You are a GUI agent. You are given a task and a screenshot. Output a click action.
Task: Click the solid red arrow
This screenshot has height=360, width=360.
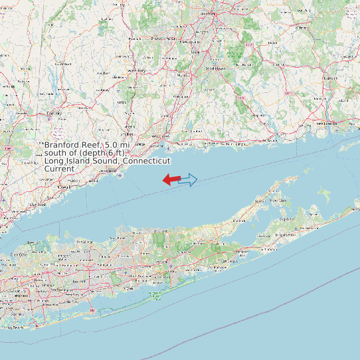point(171,179)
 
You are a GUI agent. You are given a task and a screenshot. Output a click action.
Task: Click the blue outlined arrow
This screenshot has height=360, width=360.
point(189,179)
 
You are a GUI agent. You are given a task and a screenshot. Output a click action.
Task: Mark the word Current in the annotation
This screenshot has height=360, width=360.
point(59,169)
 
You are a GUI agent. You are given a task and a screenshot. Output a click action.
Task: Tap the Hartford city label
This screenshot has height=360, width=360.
point(209,13)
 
